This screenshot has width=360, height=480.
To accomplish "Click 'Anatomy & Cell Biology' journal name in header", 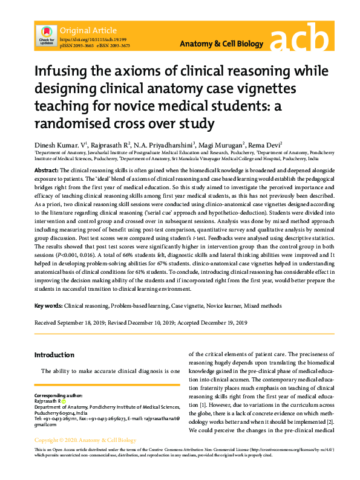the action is pyautogui.click(x=222, y=44).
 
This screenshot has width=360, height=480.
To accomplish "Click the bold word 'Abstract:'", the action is pyautogui.click(x=46, y=171).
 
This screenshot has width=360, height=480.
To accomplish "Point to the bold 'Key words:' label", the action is pyautogui.click(x=48, y=306).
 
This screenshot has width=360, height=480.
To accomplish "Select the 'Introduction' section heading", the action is pyautogui.click(x=54, y=354).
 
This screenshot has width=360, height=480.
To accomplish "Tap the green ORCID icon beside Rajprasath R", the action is pyautogui.click(x=64, y=401).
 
